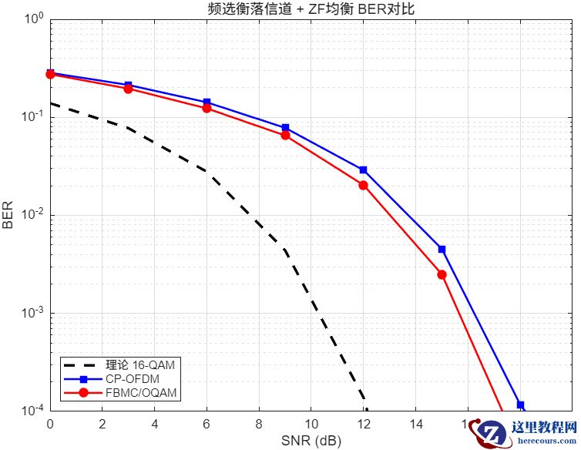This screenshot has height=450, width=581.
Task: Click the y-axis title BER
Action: coord(8,214)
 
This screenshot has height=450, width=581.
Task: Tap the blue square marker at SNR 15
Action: coord(442,250)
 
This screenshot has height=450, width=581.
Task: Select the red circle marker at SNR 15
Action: coord(442,274)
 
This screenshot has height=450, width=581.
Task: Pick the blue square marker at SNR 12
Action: coord(363,170)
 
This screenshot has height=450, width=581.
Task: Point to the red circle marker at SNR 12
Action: coord(363,185)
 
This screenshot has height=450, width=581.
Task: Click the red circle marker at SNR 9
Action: coord(285,135)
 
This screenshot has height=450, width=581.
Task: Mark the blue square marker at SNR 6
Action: coord(207,102)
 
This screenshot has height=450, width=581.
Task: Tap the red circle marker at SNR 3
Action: coord(128,89)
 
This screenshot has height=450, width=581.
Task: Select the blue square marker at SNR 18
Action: coord(520,405)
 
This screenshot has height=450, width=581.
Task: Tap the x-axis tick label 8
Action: coord(259,425)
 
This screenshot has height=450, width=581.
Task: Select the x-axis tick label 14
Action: coord(415,425)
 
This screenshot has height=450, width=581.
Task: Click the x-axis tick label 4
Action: coord(155,425)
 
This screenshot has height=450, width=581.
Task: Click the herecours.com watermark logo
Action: coord(524,432)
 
